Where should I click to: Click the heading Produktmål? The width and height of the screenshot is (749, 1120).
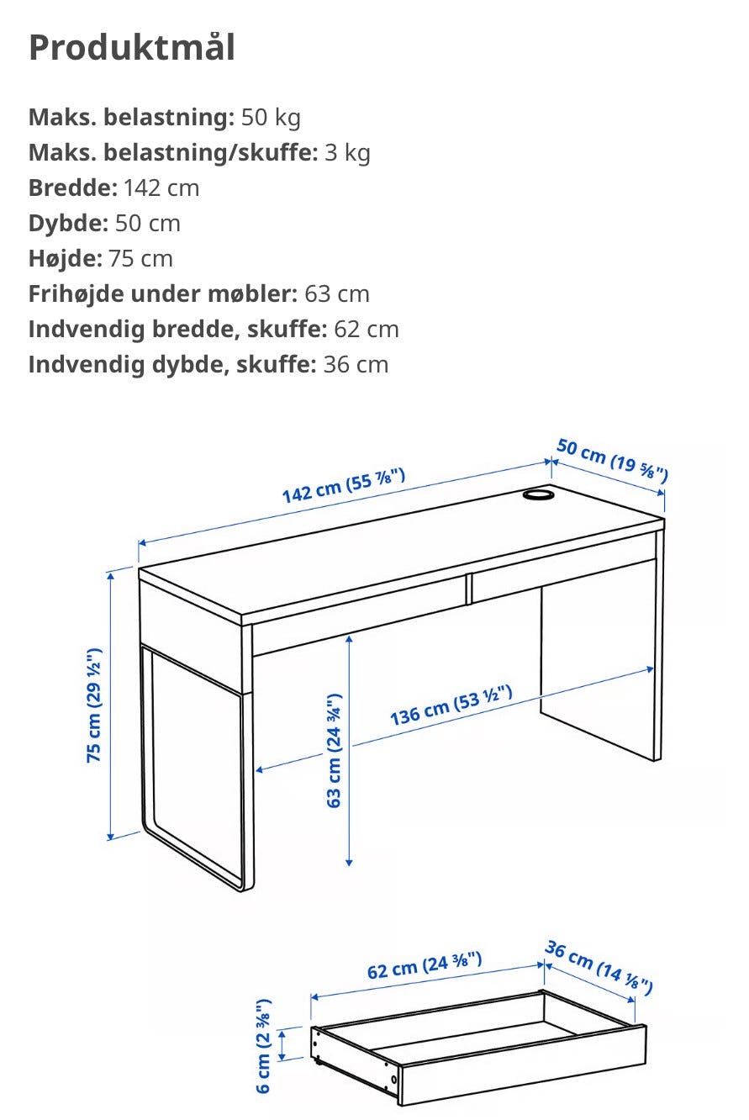click(131, 48)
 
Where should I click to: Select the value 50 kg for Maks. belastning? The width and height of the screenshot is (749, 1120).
click(271, 118)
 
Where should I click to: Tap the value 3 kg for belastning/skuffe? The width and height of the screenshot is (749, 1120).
click(347, 153)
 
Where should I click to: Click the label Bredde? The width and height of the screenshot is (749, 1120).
click(73, 188)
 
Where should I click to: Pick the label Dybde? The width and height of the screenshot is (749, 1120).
click(68, 224)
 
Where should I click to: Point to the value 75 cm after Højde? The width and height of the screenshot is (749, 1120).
click(140, 259)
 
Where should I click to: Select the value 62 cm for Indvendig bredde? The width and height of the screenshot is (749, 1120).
click(366, 330)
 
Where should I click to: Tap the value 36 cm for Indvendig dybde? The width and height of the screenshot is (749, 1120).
click(356, 365)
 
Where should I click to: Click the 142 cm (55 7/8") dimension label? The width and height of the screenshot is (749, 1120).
click(344, 485)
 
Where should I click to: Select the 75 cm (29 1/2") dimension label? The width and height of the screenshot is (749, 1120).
click(94, 705)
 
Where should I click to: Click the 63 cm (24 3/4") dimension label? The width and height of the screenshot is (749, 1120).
click(334, 751)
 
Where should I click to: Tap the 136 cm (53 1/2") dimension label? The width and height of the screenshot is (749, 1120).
click(451, 705)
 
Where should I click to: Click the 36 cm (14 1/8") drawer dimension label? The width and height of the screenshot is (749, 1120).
click(599, 967)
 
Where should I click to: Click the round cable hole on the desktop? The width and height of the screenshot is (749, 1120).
click(539, 494)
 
